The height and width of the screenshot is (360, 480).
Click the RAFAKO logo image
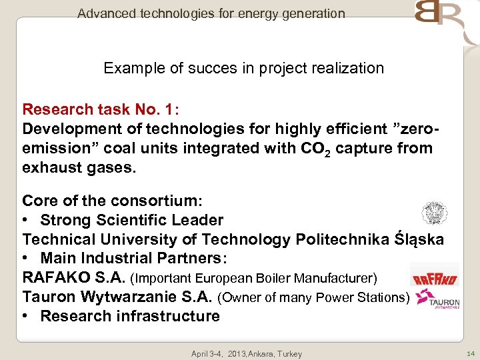(434, 277)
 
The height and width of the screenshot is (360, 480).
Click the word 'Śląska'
(419, 239)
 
